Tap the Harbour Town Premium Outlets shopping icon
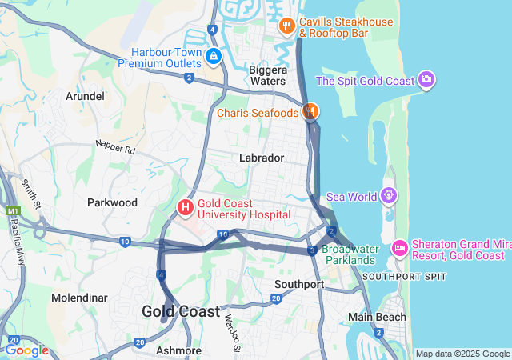pos(214,57)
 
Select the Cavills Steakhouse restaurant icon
pos(287,27)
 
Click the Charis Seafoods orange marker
pos(310,112)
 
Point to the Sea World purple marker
pos(389,194)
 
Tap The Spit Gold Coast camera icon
pos(426,80)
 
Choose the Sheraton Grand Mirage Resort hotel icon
pos(400,249)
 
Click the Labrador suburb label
pos(262,158)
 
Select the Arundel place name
pos(85,96)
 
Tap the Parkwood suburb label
pos(112,202)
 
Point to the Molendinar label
pos(79,298)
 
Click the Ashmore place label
pos(178,350)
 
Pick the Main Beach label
pos(377,317)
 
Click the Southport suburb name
pos(299,284)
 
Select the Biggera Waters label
pos(267,74)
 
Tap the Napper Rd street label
pos(115,147)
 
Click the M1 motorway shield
pos(11,211)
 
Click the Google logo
pos(26,350)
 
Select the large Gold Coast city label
pos(181,312)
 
